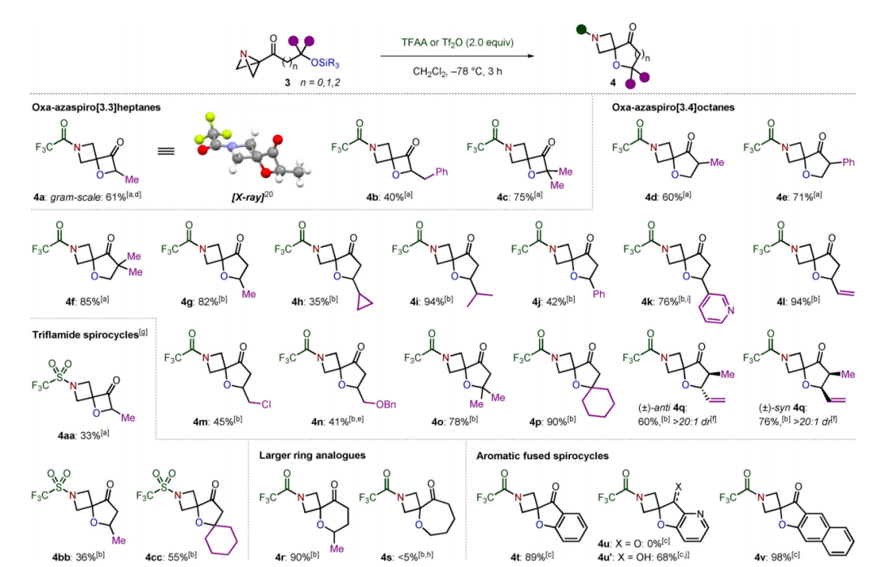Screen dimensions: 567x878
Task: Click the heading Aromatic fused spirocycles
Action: [x=543, y=456]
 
